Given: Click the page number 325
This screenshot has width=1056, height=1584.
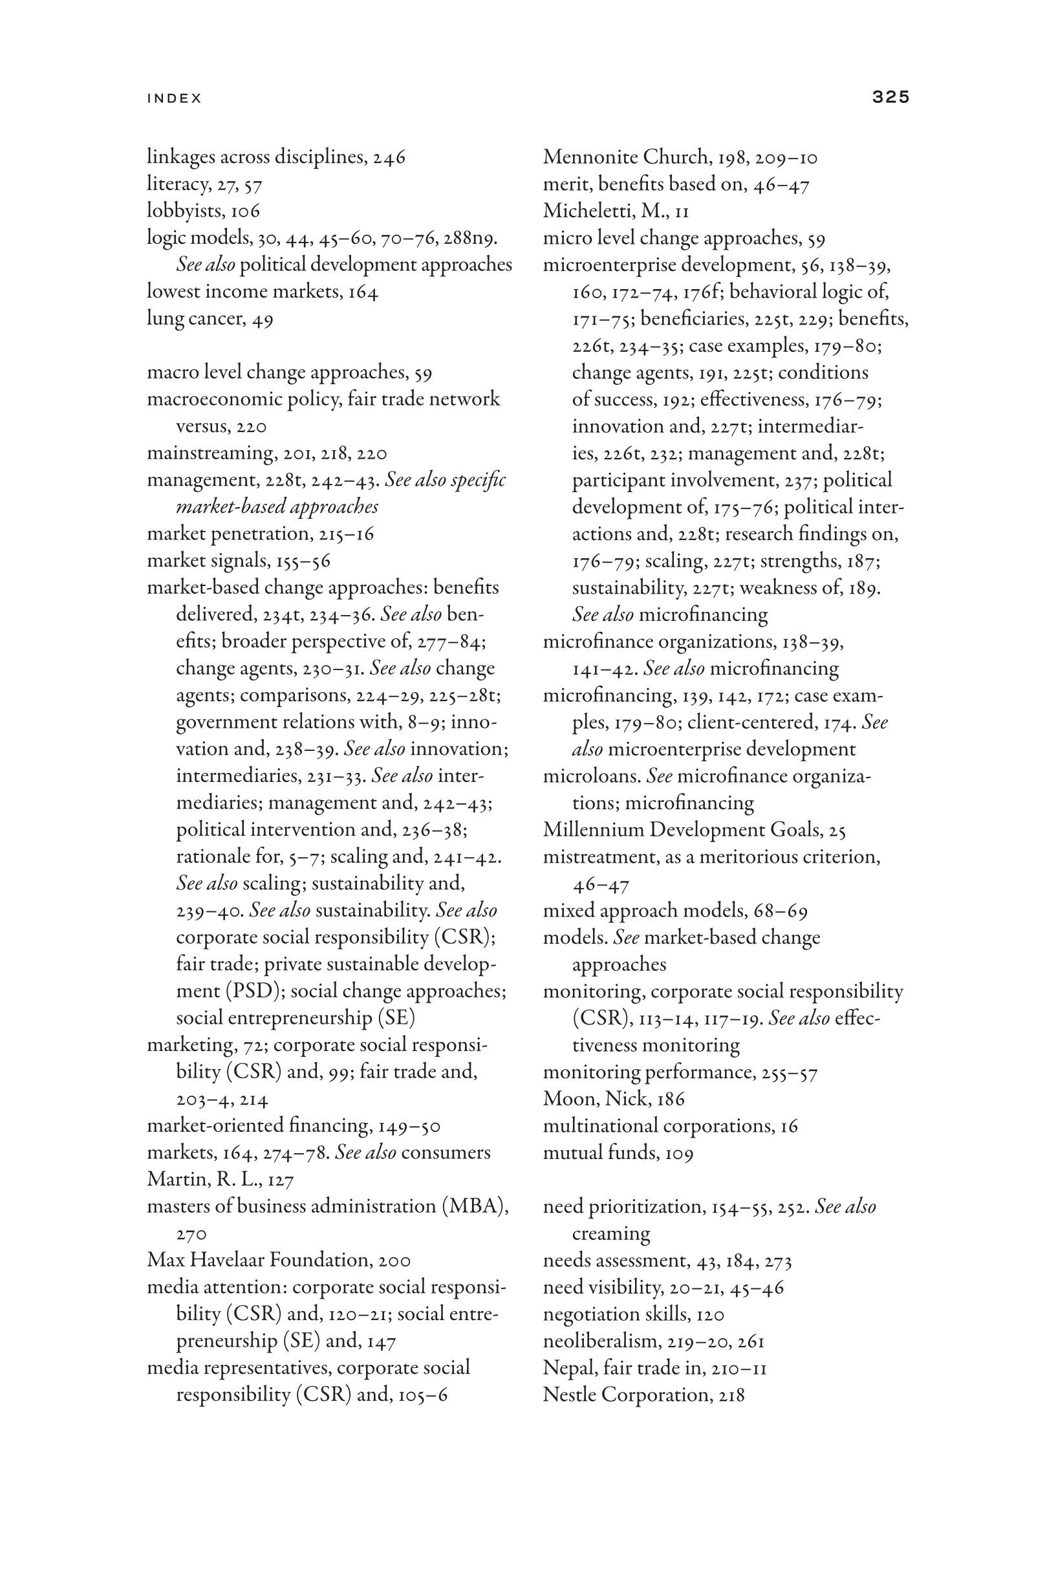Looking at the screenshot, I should click(890, 97).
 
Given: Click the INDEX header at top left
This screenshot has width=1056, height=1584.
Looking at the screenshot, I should click(175, 98).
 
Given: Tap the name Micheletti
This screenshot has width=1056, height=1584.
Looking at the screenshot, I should click(588, 211).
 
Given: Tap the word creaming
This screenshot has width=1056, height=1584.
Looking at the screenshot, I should click(611, 1234).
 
